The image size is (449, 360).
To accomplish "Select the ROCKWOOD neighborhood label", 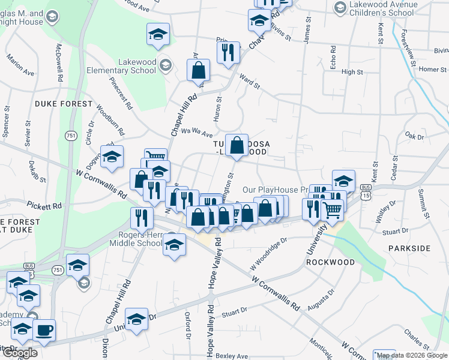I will pos(330,262).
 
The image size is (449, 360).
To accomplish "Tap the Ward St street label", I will pos(249,81).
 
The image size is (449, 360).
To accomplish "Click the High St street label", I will pos(352,72).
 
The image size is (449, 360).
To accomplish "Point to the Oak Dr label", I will pos(414,136).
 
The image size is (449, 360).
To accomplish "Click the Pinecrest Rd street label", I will pos(121,94).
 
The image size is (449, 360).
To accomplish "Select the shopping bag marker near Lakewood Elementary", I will pos(198,70).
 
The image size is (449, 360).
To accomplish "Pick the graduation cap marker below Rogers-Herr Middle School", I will pos(175,245).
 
